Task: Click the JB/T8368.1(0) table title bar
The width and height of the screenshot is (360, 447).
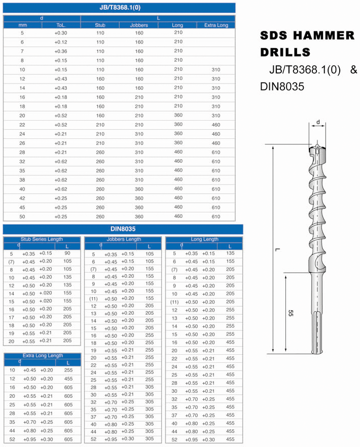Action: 119,8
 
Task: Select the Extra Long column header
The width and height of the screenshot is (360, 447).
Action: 216,25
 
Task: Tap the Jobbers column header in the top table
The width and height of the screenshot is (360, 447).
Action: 139,25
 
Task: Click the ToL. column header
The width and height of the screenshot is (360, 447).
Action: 61,25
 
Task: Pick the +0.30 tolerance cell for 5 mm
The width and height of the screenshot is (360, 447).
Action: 61,33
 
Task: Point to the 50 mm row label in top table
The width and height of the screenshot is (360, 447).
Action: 22,216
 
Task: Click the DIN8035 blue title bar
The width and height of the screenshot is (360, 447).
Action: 123,229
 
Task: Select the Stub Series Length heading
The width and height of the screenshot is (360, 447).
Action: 42,239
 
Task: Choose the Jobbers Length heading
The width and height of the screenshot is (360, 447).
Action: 124,239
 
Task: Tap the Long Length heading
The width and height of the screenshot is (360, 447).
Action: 204,239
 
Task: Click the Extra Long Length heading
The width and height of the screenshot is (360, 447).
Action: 43,356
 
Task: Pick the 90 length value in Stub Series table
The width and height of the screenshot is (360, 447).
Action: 67,253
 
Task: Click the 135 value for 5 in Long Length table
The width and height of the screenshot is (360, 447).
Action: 230,253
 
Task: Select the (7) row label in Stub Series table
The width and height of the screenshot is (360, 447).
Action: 11,262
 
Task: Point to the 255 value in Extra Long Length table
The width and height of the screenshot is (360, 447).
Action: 68,370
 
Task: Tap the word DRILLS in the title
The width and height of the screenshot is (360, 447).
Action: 285,52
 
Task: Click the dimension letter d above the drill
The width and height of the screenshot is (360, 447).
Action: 318,122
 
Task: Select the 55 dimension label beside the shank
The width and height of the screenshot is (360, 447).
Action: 291,313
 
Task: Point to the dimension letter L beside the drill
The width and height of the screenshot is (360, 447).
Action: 277,249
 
